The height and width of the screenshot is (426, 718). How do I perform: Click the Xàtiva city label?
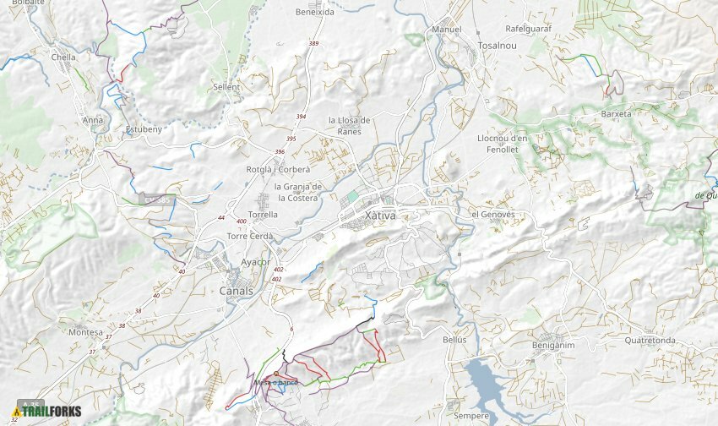(x=380, y=216)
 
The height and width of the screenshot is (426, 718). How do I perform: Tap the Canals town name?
(x=236, y=292)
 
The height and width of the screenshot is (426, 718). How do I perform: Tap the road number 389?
(x=314, y=43)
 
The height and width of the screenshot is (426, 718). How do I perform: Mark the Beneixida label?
(x=314, y=13)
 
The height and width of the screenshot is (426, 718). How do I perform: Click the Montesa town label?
(x=85, y=332)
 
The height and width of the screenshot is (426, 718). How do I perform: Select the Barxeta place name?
(x=616, y=113)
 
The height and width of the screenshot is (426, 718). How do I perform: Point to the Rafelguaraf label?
(x=528, y=29)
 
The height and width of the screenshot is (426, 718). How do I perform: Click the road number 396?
(x=280, y=152)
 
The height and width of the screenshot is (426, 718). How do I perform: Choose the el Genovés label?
(x=492, y=215)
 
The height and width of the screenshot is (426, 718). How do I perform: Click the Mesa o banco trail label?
(x=276, y=383)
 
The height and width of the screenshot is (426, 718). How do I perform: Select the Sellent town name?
(x=226, y=87)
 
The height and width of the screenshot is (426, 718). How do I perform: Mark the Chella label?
(x=63, y=57)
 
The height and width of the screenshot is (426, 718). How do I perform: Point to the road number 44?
(x=221, y=218)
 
